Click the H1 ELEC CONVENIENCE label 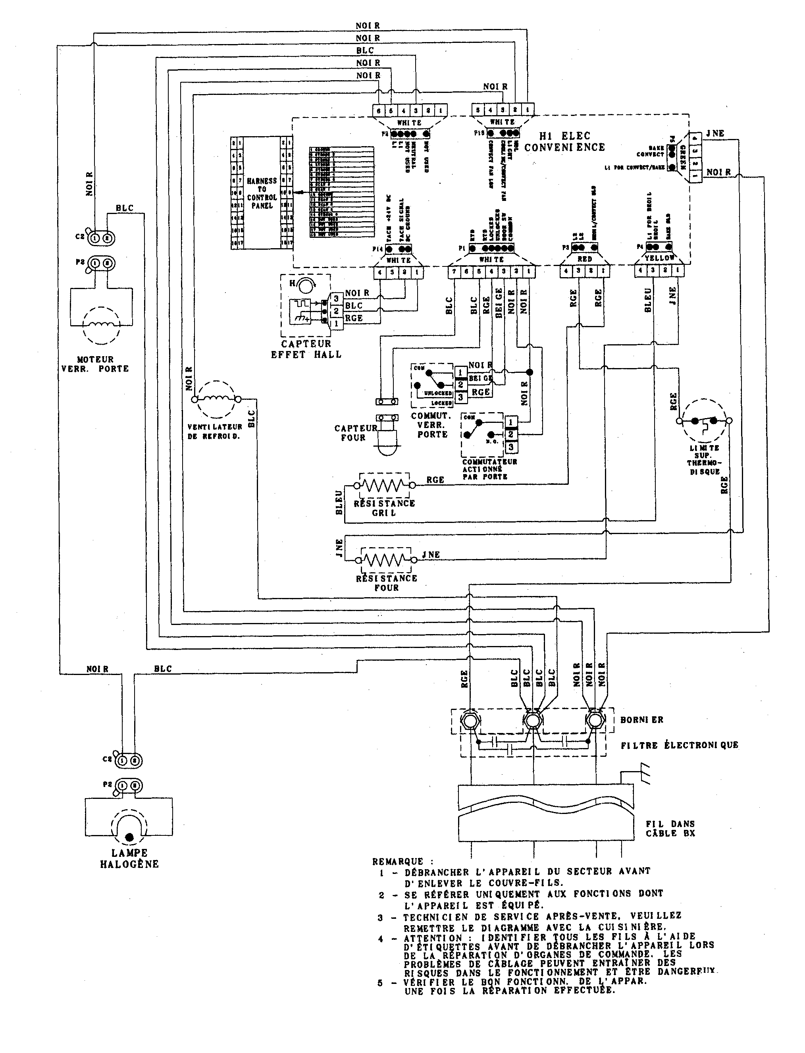click(x=564, y=142)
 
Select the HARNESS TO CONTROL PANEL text click(x=262, y=193)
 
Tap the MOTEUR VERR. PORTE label click(x=95, y=364)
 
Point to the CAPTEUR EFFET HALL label click(x=306, y=349)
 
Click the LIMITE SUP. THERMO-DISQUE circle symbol click(x=703, y=421)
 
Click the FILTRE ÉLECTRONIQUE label click(x=679, y=745)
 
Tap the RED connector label click(x=585, y=259)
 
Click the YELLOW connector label click(x=659, y=258)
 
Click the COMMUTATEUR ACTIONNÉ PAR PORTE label click(x=489, y=469)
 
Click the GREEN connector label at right click(x=683, y=155)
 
